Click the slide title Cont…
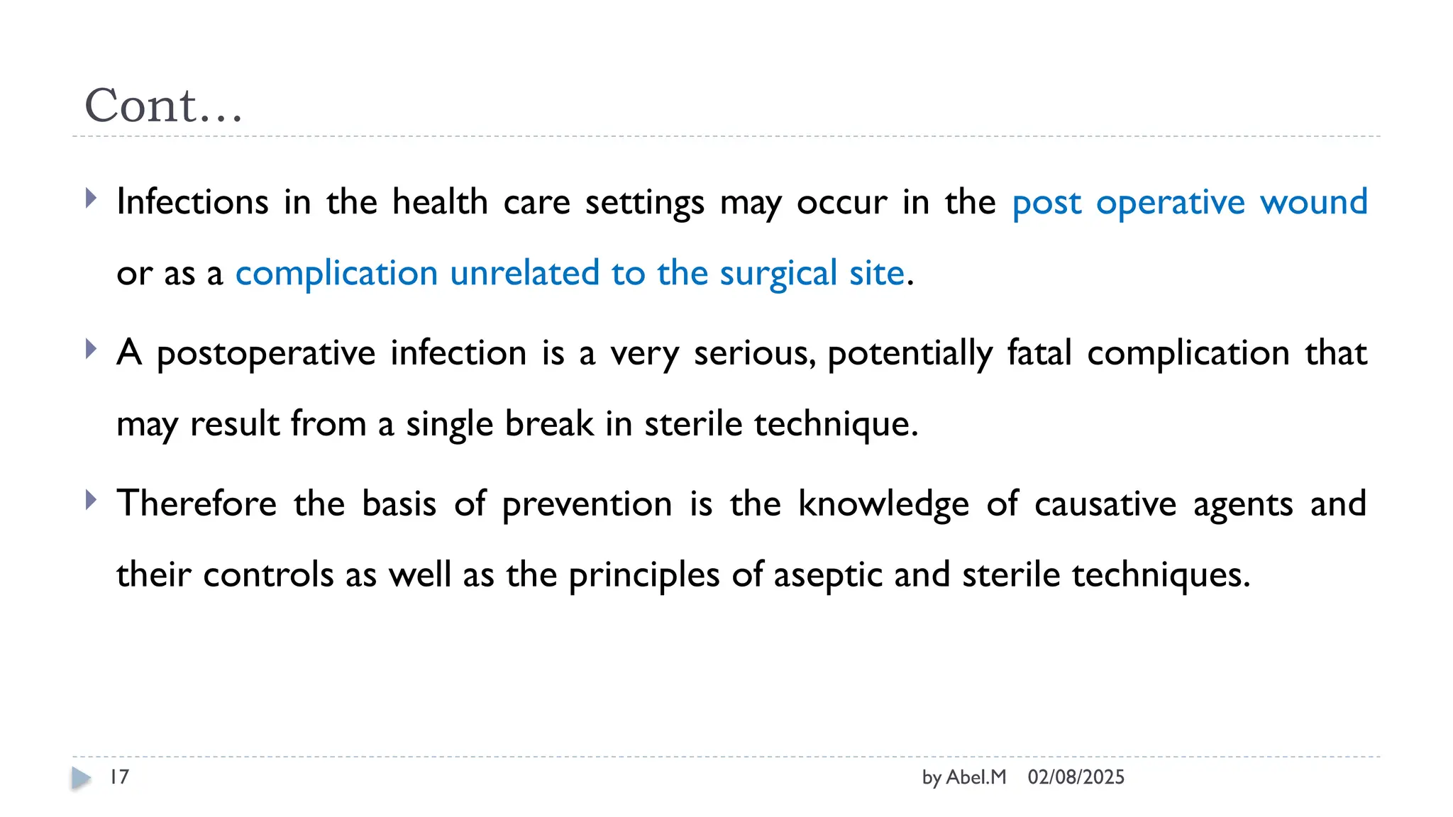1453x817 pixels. (x=163, y=106)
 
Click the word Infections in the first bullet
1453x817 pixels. (x=192, y=202)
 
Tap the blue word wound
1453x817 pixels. (x=1313, y=202)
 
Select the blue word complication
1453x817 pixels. (x=336, y=274)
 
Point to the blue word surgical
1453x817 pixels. (x=778, y=274)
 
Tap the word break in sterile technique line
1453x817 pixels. (x=549, y=424)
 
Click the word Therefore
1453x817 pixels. (x=197, y=504)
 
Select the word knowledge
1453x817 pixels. (x=883, y=504)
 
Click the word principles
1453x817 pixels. (x=644, y=575)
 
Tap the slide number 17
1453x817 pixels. (x=119, y=777)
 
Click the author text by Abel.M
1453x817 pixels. (x=963, y=777)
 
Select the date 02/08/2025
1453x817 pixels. (x=1076, y=777)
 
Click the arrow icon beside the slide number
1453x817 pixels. (x=81, y=778)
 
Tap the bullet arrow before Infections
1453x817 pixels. (x=90, y=198)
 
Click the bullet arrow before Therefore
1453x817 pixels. (x=90, y=500)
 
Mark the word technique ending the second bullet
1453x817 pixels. (x=834, y=424)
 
